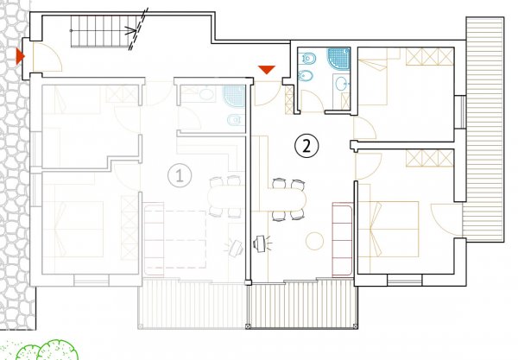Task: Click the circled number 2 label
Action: tap(306, 146)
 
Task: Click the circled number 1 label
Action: tap(180, 175)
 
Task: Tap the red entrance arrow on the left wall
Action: tap(20, 56)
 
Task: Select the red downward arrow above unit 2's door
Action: tap(267, 70)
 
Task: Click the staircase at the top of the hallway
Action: tap(104, 31)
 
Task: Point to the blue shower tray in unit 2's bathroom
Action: tap(339, 59)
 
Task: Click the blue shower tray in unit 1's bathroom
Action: tap(234, 97)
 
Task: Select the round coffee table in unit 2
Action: tap(314, 241)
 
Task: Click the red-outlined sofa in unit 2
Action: tap(343, 239)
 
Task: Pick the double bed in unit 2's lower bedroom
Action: tap(388, 229)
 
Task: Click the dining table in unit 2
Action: tap(286, 199)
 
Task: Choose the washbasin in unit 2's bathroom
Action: tap(341, 83)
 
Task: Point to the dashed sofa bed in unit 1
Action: tap(175, 239)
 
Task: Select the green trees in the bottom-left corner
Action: tap(47, 351)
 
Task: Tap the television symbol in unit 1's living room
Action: tap(234, 248)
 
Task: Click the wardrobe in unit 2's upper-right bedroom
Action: tap(429, 56)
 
